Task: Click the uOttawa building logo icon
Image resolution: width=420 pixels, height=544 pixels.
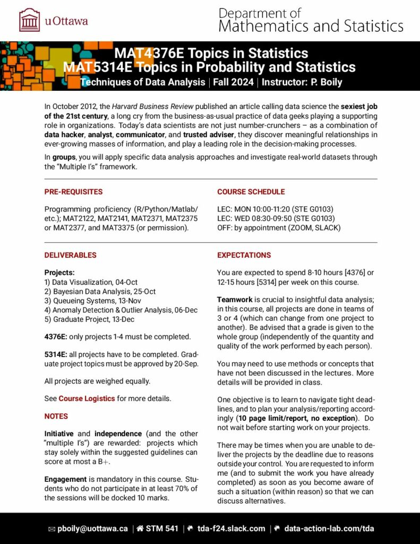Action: coord(29,20)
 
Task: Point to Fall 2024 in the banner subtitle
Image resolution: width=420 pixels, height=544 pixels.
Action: coord(234,82)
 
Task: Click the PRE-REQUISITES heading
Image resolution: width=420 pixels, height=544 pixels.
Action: coord(73,192)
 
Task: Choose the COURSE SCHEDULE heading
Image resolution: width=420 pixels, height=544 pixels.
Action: coord(251,192)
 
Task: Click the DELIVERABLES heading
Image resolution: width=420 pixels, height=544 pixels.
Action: coord(70,255)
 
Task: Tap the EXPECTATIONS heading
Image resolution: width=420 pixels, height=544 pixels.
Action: coord(244,255)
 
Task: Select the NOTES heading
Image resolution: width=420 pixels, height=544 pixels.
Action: coord(56,416)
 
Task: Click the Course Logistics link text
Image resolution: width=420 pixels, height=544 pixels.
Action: coord(87,398)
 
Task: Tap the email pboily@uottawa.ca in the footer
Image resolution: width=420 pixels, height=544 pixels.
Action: coord(92,529)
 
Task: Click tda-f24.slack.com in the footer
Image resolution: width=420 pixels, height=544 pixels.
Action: coord(231,529)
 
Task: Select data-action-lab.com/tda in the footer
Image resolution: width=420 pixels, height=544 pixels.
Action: coord(329,529)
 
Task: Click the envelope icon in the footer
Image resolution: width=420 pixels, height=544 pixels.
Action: coord(52,529)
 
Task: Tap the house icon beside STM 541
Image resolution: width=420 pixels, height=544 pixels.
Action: coord(140,529)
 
